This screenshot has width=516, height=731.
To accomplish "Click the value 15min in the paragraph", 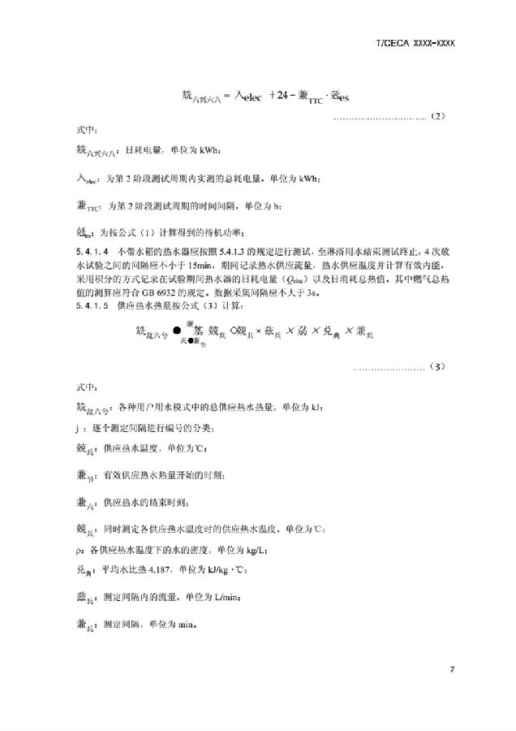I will pyautogui.click(x=200, y=264).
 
